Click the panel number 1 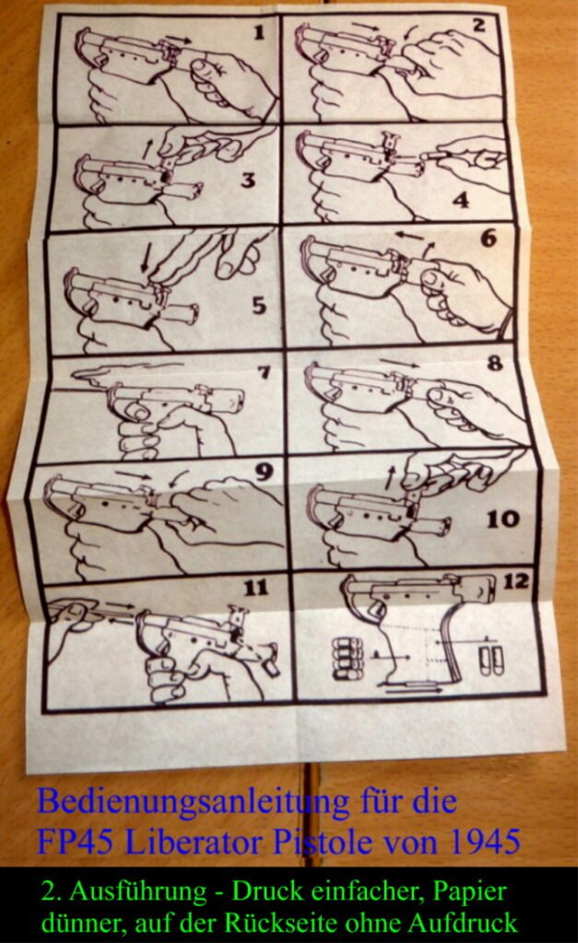click(x=259, y=32)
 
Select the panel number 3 click(x=247, y=180)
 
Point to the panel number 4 click(x=461, y=200)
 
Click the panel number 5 click(x=259, y=306)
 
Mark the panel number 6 click(x=489, y=239)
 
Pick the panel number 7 click(x=264, y=372)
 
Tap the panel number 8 click(x=495, y=363)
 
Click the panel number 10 click(x=502, y=518)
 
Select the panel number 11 click(x=255, y=587)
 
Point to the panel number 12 click(x=516, y=582)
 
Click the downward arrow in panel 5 click(x=145, y=258)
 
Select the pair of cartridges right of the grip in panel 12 click(x=490, y=659)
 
